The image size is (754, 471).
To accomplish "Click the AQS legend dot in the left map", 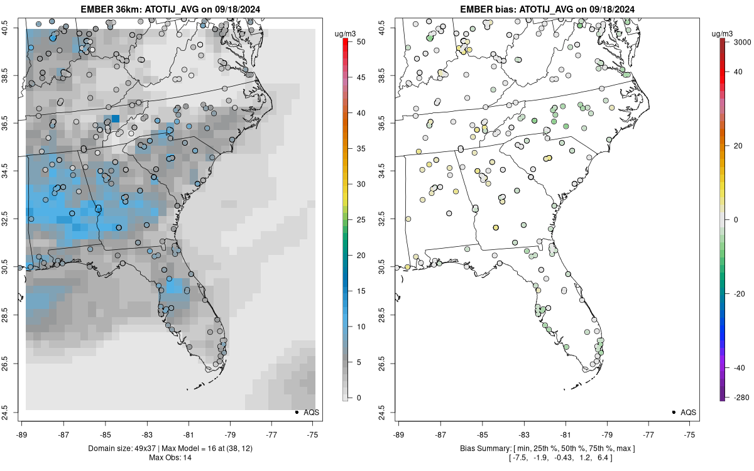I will (x=296, y=412).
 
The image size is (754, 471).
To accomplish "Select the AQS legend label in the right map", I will (x=688, y=412).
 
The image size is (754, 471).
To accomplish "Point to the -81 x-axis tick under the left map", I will (x=188, y=434).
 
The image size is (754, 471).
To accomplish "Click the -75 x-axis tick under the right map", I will (x=690, y=434).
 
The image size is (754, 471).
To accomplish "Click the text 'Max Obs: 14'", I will (x=170, y=458).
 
